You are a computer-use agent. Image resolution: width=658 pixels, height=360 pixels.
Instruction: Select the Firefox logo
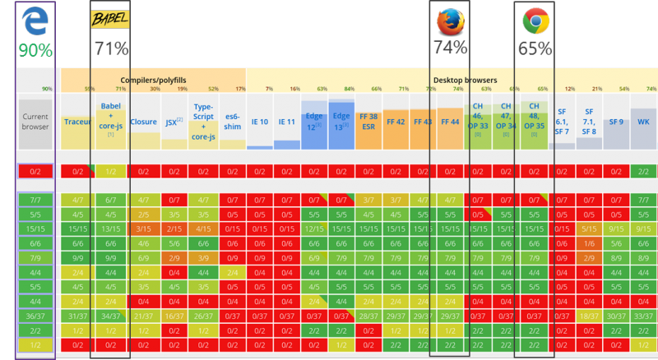[450, 21]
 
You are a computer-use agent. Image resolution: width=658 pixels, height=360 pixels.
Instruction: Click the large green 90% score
[35, 50]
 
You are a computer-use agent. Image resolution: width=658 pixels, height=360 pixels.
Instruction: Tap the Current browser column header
[35, 122]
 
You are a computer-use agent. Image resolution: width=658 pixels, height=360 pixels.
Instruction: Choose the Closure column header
[144, 122]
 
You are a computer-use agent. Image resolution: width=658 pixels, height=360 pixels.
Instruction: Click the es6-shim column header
[232, 122]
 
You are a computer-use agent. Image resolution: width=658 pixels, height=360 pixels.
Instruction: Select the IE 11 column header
[286, 122]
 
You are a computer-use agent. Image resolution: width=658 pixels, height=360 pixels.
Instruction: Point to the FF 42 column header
[396, 122]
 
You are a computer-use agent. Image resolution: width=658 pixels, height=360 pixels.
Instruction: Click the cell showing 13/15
[110, 228]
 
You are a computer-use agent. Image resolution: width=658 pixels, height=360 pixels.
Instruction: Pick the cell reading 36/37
[35, 316]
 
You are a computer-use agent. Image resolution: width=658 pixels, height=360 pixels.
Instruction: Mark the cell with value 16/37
[174, 316]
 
